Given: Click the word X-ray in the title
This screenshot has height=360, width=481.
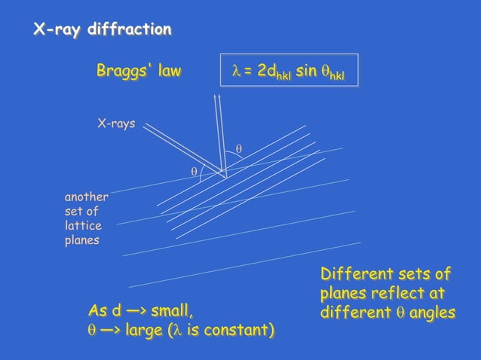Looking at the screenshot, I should tap(57, 30).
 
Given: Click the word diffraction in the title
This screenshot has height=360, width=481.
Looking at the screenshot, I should tap(129, 30).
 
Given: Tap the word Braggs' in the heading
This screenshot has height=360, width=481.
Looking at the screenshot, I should tap(123, 72).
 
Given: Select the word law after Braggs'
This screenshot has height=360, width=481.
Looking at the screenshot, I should tap(169, 72).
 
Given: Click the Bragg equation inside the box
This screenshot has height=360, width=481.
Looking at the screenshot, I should tap(288, 72).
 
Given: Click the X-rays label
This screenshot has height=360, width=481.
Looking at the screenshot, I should tap(116, 124).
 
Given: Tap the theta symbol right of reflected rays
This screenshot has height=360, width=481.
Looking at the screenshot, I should tap(239, 149).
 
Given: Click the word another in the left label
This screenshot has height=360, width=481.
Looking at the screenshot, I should tap(86, 197).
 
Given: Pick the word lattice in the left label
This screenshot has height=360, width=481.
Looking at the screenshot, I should tap(83, 226).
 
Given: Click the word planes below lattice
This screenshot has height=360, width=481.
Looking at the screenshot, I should tap(83, 240).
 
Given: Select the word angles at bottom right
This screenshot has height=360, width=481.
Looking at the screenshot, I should tap(430, 312).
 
